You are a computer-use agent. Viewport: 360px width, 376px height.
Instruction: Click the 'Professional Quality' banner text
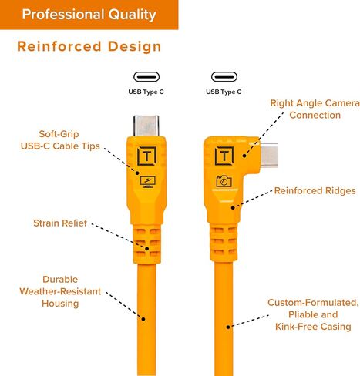tap(89, 15)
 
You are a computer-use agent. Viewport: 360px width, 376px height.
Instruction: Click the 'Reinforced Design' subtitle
tap(89, 46)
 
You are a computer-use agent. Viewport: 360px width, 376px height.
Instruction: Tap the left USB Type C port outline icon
tap(146, 77)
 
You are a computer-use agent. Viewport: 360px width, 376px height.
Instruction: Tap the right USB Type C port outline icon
tap(224, 77)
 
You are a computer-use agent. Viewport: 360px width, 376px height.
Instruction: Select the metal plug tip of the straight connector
tap(146, 126)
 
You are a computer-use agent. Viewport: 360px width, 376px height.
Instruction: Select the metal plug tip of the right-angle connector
tap(269, 155)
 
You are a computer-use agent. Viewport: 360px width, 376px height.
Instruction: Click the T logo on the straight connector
tap(146, 156)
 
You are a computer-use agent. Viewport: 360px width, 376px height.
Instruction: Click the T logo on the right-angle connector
tap(224, 156)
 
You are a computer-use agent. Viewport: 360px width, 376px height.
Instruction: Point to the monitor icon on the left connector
tap(147, 182)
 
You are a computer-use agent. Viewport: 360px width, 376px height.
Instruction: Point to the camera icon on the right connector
tap(224, 181)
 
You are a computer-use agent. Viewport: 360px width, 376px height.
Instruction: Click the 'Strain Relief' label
tap(60, 223)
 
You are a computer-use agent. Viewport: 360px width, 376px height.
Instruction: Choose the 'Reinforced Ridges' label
tap(315, 190)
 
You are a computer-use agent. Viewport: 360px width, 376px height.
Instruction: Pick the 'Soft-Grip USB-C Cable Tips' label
tap(60, 140)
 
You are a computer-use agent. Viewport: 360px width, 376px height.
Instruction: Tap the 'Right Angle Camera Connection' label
tap(315, 109)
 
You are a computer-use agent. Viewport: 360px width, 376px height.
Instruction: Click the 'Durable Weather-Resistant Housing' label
tap(60, 291)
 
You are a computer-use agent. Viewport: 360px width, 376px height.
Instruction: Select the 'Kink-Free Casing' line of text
tap(313, 327)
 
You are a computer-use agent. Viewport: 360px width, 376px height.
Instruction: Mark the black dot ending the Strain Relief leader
tap(147, 249)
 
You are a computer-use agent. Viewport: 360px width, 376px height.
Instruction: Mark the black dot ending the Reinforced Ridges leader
tap(233, 207)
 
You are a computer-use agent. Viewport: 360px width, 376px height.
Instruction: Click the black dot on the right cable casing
tap(228, 327)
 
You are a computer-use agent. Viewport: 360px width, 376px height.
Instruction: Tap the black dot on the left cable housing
tap(143, 319)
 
